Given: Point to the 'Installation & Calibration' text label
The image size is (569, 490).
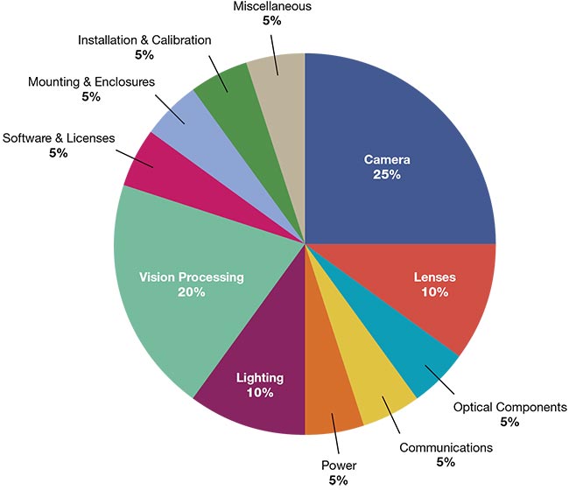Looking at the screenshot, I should [144, 41].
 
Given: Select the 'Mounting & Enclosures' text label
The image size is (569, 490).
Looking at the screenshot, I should [91, 82].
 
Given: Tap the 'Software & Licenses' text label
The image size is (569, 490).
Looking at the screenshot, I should [60, 138].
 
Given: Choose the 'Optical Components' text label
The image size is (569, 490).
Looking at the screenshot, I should [510, 408].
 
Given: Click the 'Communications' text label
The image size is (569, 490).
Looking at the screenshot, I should [446, 447].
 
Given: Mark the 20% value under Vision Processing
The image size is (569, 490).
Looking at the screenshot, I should [191, 292].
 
